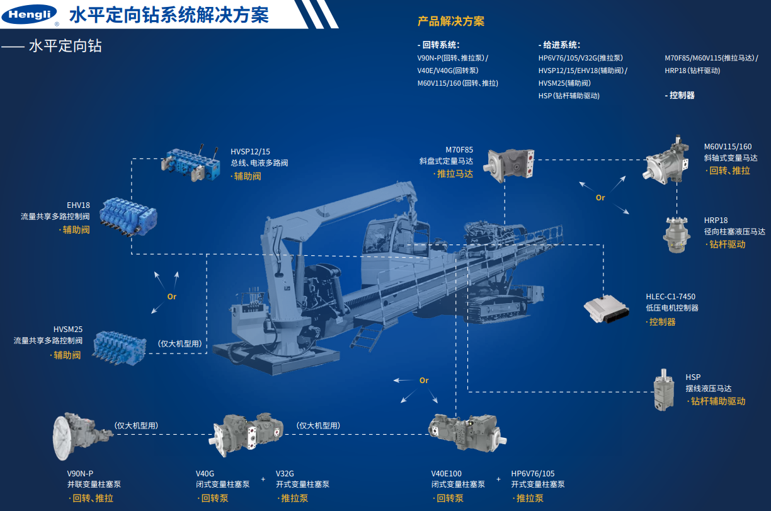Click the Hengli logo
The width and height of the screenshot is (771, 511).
pyautogui.click(x=29, y=14)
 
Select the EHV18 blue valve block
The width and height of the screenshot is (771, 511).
pyautogui.click(x=128, y=217)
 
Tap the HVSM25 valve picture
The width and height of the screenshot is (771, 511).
pyautogui.click(x=119, y=347)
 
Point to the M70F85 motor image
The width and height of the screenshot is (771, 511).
pyautogui.click(x=509, y=164)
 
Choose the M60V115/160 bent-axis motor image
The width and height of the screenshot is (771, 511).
pyautogui.click(x=666, y=161)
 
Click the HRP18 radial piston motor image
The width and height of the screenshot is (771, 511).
pyautogui.click(x=677, y=235)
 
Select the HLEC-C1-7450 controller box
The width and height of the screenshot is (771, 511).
pyautogui.click(x=607, y=309)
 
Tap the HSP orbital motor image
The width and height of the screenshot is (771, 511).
pyautogui.click(x=664, y=390)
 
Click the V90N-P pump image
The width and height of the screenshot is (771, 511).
pyautogui.click(x=83, y=436)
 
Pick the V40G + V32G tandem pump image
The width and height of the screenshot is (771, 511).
pyautogui.click(x=246, y=434)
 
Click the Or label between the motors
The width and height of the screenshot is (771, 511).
pyautogui.click(x=600, y=198)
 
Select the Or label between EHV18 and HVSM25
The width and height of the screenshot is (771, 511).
pyautogui.click(x=172, y=297)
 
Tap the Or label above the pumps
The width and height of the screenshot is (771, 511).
pyautogui.click(x=424, y=380)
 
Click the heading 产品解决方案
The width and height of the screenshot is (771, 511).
pyautogui.click(x=451, y=21)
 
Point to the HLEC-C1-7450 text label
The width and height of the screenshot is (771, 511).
pyautogui.click(x=670, y=297)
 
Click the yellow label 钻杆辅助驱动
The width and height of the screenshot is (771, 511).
pyautogui.click(x=718, y=401)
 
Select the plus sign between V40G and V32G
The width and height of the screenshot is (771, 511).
pyautogui.click(x=263, y=479)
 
